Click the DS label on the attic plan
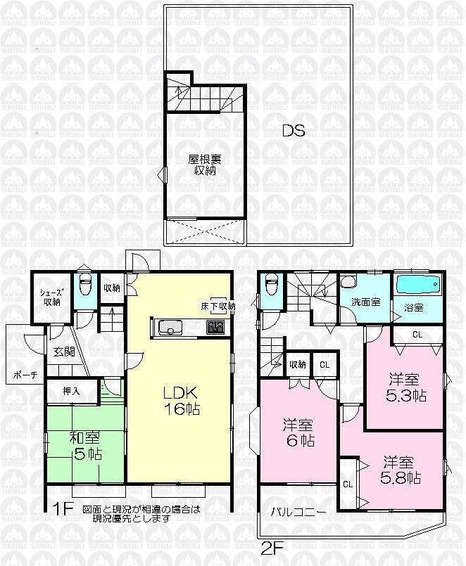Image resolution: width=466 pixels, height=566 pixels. [294, 130]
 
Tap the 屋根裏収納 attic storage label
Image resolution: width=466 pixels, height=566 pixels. [201, 165]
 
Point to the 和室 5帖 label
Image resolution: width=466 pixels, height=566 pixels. [85, 446]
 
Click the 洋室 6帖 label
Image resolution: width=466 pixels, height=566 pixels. [298, 433]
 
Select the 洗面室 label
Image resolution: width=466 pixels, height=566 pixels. [365, 302]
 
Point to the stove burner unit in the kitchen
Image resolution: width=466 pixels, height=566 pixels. [215, 327]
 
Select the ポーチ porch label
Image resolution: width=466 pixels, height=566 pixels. [25, 375]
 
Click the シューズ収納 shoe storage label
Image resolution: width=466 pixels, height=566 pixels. [49, 298]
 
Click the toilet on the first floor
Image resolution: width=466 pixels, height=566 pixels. [85, 287]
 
